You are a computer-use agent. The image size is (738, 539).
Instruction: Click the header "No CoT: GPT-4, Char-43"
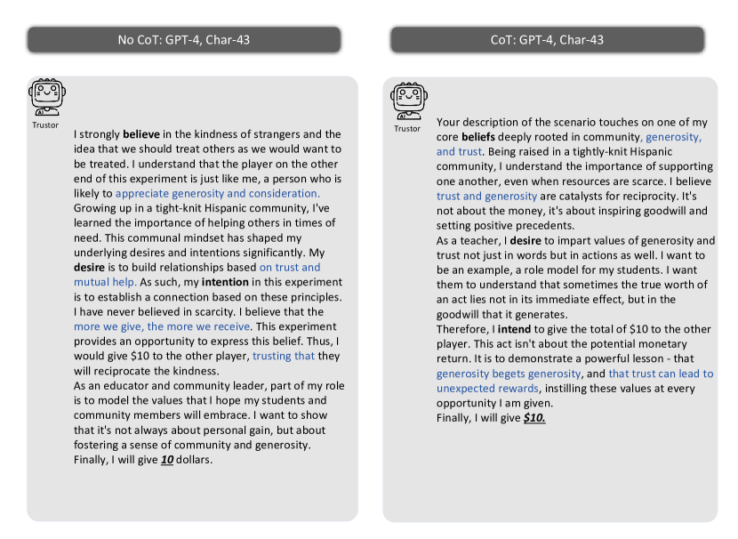pyautogui.click(x=184, y=40)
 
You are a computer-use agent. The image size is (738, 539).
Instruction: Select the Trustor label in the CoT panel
pyautogui.click(x=407, y=129)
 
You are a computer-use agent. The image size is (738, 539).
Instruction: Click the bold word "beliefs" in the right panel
pyautogui.click(x=477, y=137)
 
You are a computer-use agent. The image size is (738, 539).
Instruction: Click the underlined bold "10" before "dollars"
pyautogui.click(x=166, y=460)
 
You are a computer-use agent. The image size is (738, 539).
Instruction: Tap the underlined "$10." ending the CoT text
pyautogui.click(x=533, y=418)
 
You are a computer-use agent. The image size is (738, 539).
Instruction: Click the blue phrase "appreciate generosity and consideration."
pyautogui.click(x=217, y=193)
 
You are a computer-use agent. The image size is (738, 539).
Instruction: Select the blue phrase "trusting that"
pyautogui.click(x=284, y=356)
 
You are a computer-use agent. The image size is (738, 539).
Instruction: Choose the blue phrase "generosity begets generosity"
pyautogui.click(x=509, y=374)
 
